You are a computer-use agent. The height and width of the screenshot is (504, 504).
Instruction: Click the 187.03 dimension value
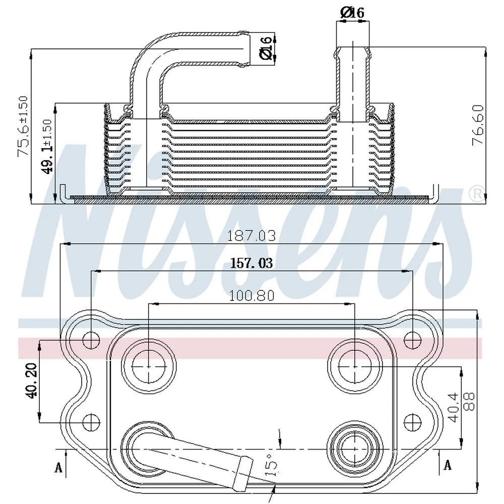click(251, 235)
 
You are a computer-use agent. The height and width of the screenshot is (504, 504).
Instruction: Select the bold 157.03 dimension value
click(251, 263)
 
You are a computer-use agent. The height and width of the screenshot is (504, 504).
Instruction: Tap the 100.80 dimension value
click(251, 295)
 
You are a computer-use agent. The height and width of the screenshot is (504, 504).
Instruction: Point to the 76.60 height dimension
click(478, 125)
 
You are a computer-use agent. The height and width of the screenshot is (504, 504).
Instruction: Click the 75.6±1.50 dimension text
click(24, 127)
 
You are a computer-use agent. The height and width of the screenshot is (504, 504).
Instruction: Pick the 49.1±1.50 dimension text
click(47, 147)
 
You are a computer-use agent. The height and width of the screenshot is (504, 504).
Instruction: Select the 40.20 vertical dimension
click(31, 381)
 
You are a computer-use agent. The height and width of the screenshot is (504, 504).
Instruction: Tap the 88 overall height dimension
click(469, 402)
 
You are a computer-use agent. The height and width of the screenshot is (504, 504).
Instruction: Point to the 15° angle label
click(271, 465)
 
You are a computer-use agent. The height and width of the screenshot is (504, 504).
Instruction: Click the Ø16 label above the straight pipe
click(352, 13)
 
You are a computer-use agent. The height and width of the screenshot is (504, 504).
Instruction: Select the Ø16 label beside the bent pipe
click(266, 48)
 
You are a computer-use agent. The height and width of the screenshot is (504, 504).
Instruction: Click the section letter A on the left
click(58, 467)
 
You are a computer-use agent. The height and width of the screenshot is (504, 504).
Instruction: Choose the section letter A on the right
click(448, 465)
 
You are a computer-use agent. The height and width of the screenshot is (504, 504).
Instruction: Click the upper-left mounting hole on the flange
click(91, 340)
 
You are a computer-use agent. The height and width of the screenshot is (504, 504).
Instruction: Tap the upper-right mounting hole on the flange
click(412, 340)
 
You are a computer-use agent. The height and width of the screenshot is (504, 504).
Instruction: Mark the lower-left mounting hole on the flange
click(91, 422)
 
